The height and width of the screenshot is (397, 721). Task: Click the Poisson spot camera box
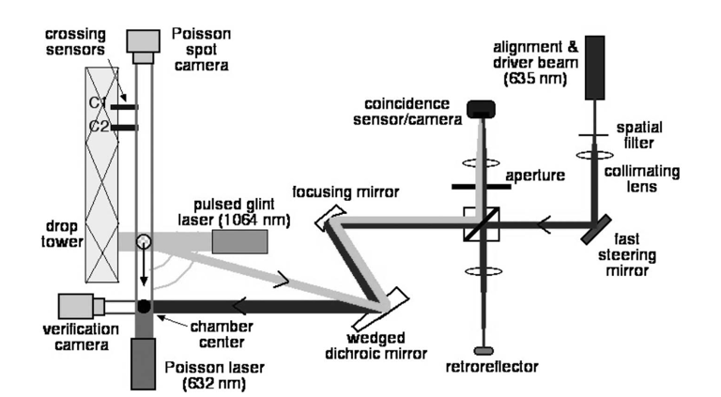point(143,46)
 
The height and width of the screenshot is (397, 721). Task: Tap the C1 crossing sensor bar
point(124,107)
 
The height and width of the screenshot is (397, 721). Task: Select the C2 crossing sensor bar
point(124,128)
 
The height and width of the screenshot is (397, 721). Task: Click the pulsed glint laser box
point(239,242)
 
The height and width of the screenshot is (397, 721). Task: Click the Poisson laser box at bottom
point(143,364)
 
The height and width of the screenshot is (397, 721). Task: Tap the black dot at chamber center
point(144,306)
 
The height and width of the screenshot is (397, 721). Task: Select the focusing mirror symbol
point(330,218)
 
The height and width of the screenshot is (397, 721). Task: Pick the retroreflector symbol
point(483,351)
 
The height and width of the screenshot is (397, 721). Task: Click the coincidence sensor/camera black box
point(481,110)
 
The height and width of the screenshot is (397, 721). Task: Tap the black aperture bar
point(481,187)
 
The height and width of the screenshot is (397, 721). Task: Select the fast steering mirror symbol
point(596,229)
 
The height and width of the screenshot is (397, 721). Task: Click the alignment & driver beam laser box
point(594,68)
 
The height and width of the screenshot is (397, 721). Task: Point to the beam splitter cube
point(482,224)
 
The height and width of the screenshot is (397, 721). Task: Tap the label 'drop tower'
point(62,234)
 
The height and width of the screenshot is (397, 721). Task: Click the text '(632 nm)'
point(214,383)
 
